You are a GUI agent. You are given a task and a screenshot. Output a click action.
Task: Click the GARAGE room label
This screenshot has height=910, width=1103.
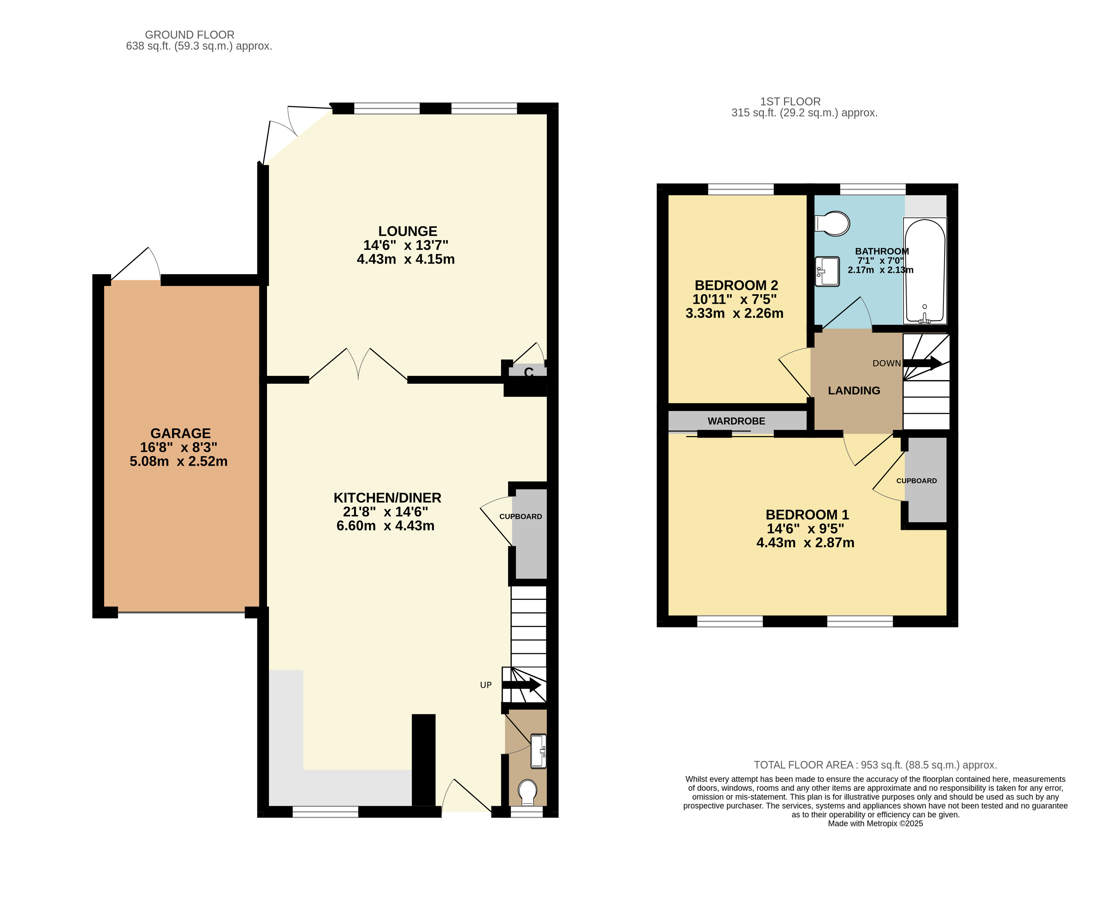point(180,433)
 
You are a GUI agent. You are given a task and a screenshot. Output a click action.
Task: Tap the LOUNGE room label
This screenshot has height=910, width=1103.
point(408,231)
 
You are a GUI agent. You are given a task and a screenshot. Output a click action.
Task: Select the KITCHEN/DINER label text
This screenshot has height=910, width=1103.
point(387,498)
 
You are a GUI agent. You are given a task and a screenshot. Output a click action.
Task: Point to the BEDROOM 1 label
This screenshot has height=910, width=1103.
point(807,515)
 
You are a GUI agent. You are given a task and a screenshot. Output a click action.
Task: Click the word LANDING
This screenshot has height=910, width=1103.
point(854,390)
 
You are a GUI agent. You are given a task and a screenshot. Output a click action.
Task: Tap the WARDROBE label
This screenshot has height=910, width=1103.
point(736,421)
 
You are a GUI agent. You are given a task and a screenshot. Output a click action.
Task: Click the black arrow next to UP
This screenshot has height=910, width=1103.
point(521,685)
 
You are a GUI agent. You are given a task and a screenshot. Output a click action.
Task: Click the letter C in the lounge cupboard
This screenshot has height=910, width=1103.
point(529,372)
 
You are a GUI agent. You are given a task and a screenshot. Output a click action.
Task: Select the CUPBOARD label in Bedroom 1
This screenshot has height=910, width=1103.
point(917,481)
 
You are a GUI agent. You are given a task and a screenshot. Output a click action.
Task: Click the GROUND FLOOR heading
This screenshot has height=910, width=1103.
point(190,34)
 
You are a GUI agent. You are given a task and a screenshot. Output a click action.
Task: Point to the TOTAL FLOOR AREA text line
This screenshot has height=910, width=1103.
point(875,765)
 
